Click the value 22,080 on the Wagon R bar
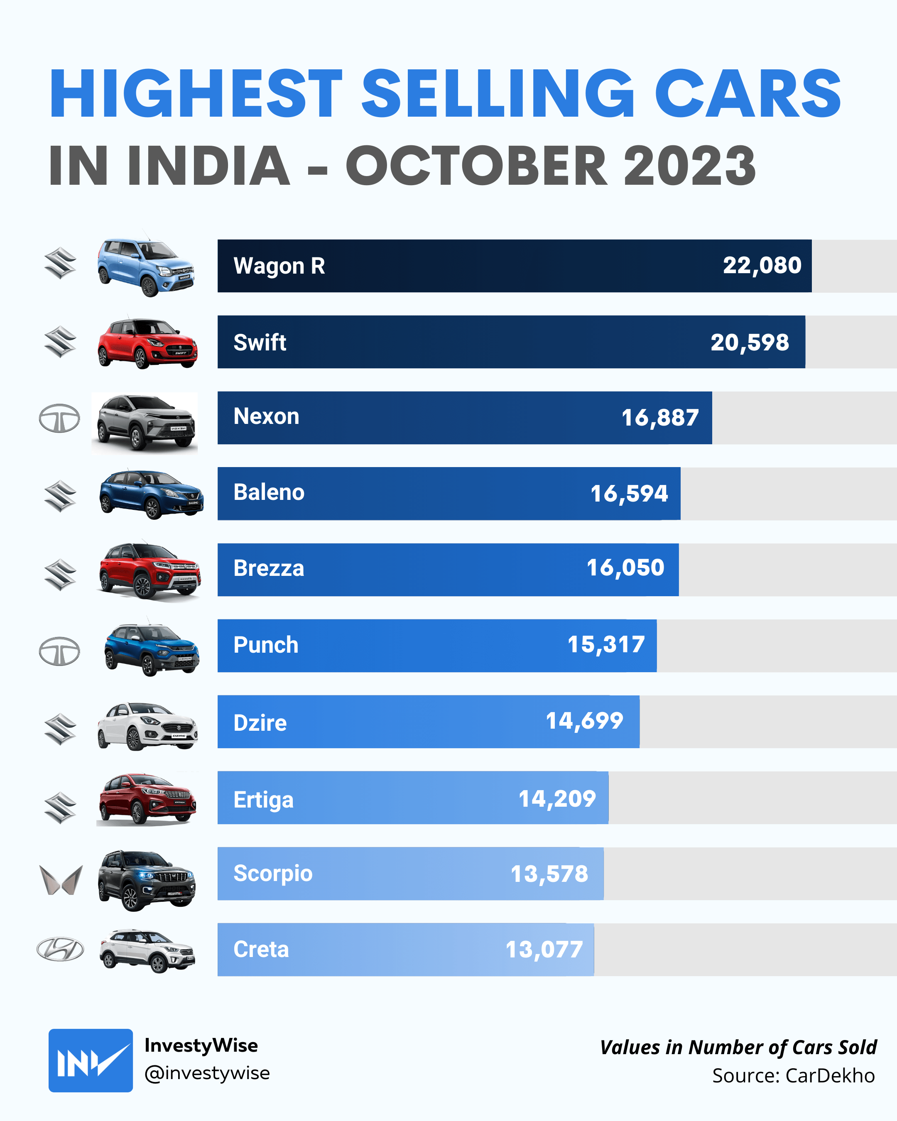click(762, 266)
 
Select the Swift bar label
click(260, 343)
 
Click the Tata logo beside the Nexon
click(59, 418)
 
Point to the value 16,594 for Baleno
click(629, 493)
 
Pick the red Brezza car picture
click(149, 570)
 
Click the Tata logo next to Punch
click(59, 651)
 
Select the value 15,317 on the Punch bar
click(606, 645)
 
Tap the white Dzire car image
click(148, 725)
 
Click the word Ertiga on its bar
click(263, 800)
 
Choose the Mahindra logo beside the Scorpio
click(61, 880)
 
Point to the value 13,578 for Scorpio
click(549, 874)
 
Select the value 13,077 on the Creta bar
click(544, 950)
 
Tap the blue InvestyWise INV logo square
click(91, 1060)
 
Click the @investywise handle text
click(207, 1073)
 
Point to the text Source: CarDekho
click(793, 1075)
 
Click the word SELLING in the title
click(498, 93)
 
